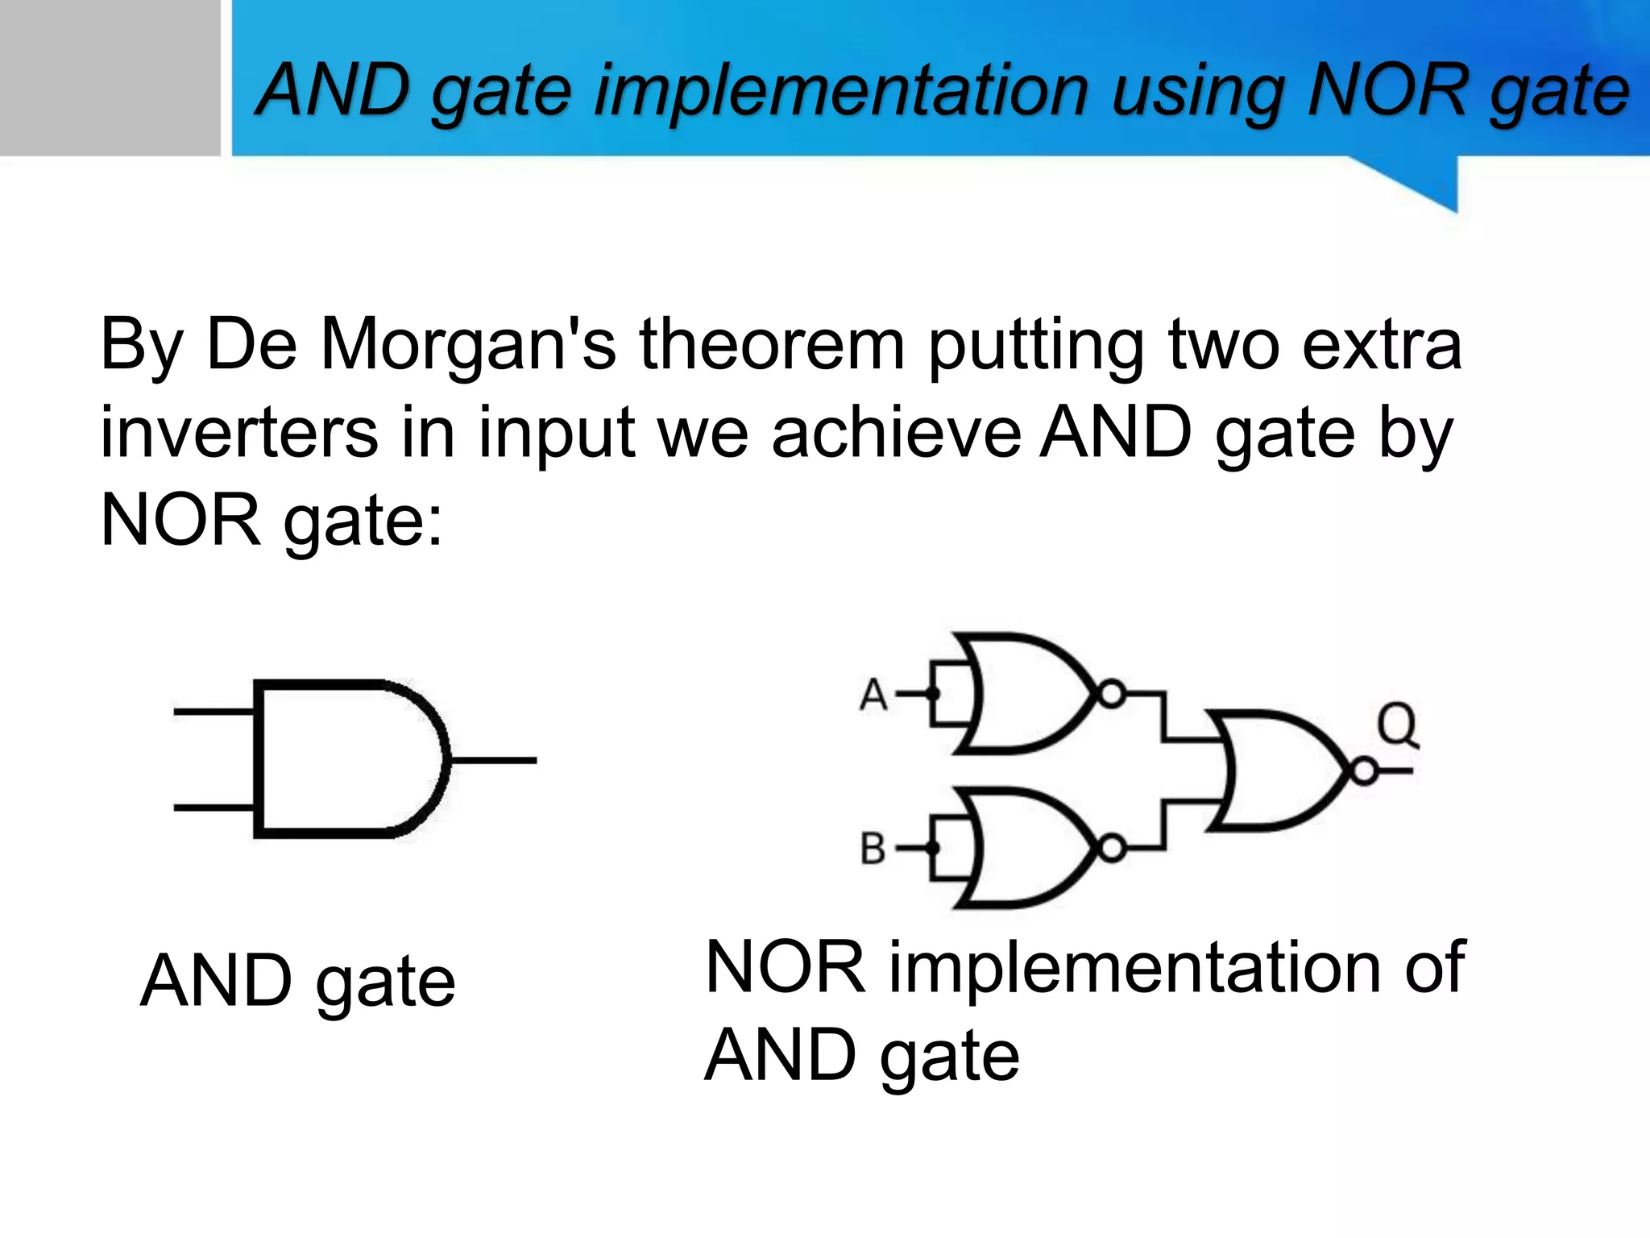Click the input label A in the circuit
point(873,694)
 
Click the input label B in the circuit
point(873,849)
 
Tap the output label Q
point(1397,725)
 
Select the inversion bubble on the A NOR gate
point(1112,694)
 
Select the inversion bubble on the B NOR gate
point(1112,849)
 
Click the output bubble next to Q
point(1364,772)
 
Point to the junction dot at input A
point(933,694)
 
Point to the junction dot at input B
point(933,849)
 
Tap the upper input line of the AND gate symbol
point(214,712)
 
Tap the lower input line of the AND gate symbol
point(214,808)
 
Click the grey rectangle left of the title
point(110,77)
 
